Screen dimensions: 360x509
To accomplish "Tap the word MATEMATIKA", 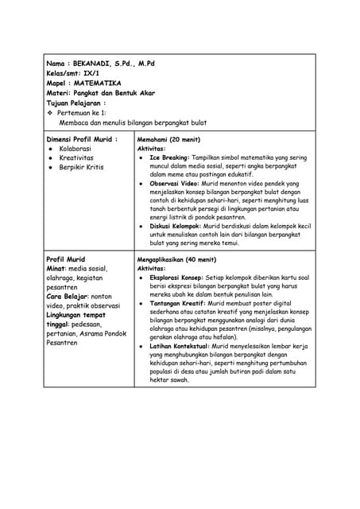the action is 97,83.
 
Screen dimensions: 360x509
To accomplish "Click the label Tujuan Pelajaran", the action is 74,103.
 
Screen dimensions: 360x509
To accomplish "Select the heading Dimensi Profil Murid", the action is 80,138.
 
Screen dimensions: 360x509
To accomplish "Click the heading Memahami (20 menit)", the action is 168,139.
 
